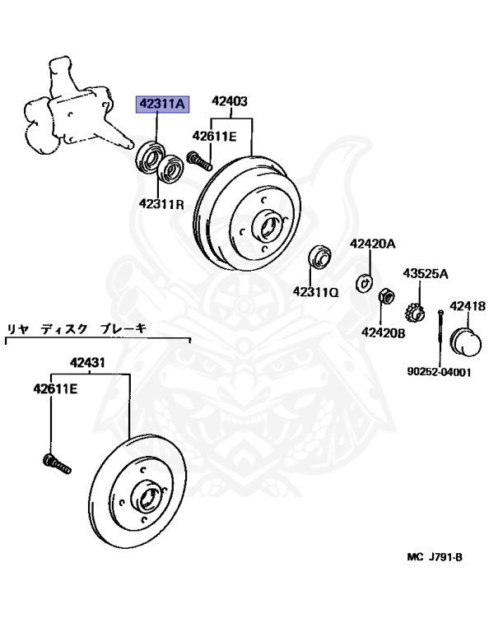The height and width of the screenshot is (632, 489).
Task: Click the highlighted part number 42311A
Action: [162, 105]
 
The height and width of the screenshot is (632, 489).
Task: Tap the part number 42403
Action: [230, 101]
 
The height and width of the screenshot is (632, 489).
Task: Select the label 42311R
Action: [161, 204]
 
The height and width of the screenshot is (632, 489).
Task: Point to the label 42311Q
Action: [316, 291]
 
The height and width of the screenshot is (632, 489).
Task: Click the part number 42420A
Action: [373, 244]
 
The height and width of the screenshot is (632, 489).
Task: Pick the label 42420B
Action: [384, 332]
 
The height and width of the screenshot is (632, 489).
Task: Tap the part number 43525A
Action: [426, 274]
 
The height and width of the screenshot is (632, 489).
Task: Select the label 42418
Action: [468, 306]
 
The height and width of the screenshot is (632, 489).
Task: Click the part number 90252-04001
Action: [439, 372]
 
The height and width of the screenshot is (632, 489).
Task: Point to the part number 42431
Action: [87, 362]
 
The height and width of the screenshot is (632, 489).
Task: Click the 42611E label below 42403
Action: [215, 137]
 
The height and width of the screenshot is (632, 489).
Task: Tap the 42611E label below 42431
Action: [55, 389]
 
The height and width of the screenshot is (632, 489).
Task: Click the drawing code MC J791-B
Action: [435, 557]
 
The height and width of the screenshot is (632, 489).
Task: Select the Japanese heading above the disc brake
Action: [77, 329]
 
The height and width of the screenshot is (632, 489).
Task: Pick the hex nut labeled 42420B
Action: [386, 297]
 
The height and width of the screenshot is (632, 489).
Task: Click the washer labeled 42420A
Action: [364, 281]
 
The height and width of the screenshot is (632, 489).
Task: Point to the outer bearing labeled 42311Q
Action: [320, 256]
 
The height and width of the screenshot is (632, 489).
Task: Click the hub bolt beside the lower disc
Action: [57, 464]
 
